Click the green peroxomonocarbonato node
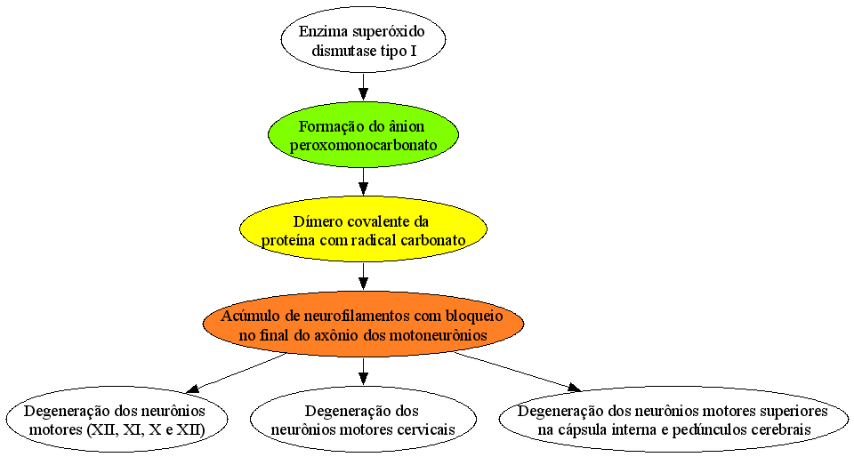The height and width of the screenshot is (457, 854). click(363, 134)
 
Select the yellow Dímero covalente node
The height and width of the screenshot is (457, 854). click(363, 229)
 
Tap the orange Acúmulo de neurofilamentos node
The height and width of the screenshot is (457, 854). click(363, 324)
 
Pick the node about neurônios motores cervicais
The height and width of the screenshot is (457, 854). click(363, 419)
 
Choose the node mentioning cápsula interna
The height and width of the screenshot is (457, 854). click(673, 419)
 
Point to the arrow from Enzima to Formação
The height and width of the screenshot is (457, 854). click(363, 87)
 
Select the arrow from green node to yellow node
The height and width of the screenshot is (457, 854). click(363, 181)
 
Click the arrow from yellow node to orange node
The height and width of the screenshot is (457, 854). click(363, 277)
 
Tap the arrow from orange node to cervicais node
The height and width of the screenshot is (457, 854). click(363, 371)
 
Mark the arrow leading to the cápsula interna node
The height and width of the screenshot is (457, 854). click(518, 372)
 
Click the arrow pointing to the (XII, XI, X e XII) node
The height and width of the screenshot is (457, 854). click(237, 373)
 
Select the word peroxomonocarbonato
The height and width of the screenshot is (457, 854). click(363, 146)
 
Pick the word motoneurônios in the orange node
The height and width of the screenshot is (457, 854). click(439, 335)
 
